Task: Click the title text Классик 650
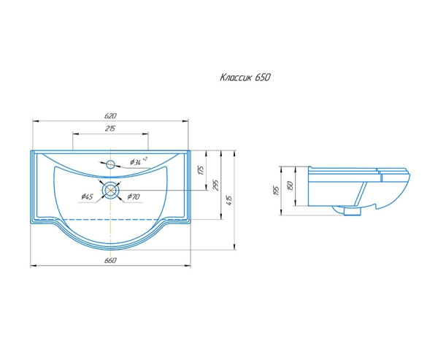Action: (245, 77)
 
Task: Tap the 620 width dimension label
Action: (110, 115)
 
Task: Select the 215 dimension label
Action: (110, 129)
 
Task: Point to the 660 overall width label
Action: (110, 260)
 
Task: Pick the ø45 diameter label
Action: (87, 196)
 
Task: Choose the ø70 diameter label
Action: (134, 196)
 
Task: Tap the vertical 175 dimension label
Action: (201, 170)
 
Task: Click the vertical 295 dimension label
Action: (216, 185)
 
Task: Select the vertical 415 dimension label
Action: (230, 200)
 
